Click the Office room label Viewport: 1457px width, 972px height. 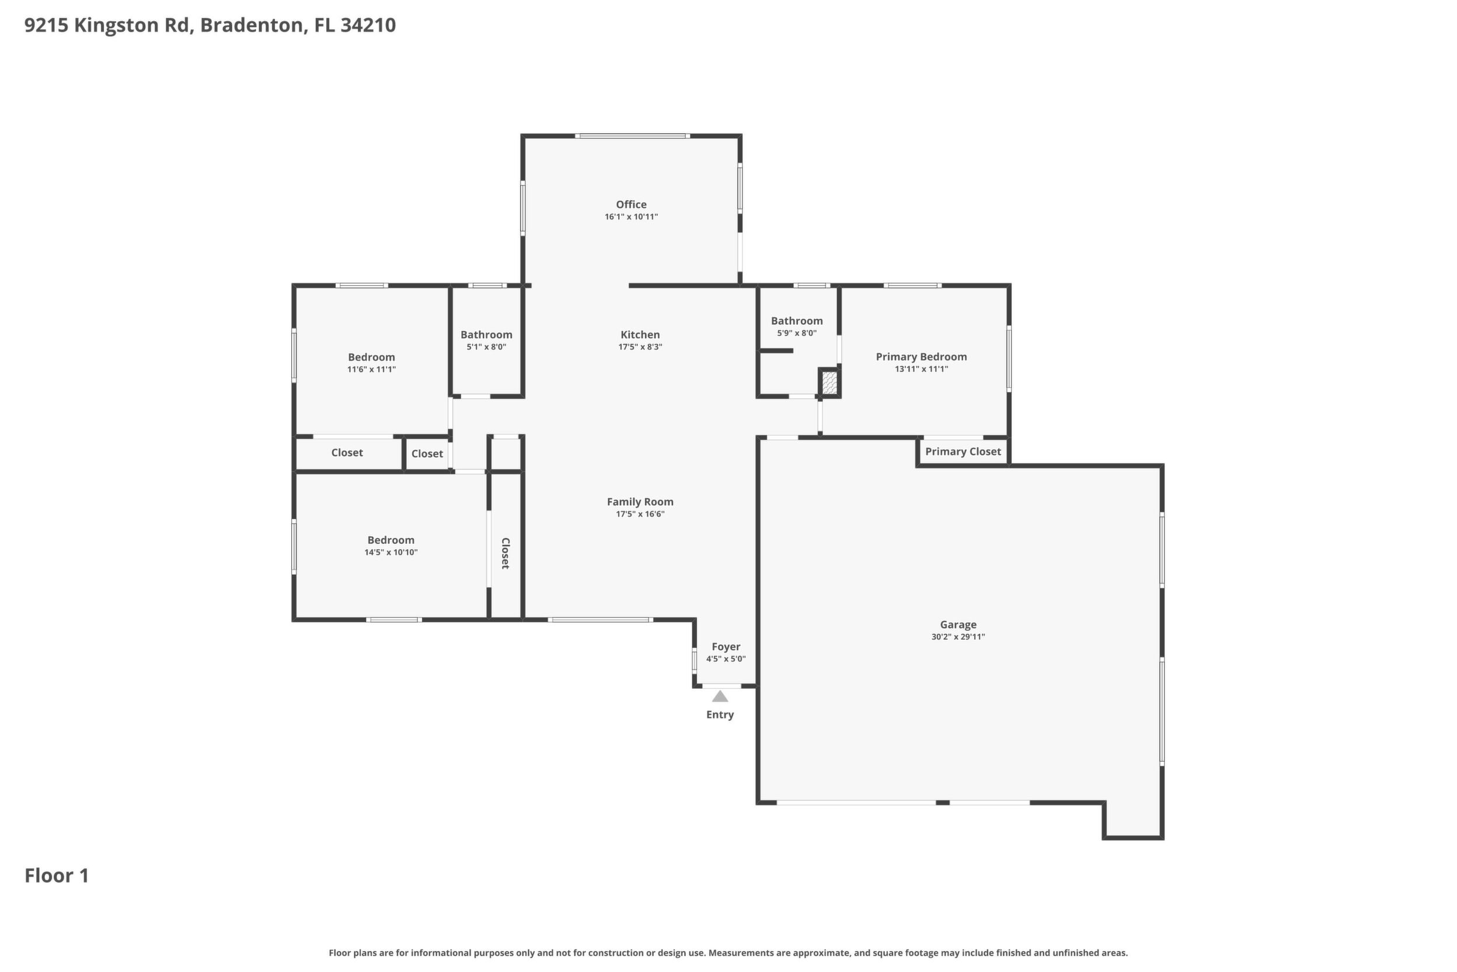[x=630, y=204]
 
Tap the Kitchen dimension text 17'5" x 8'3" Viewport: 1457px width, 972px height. [x=640, y=347]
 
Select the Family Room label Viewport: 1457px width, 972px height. [x=640, y=502]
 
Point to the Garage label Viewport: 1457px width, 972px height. [x=958, y=625]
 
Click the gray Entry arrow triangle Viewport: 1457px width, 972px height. [x=720, y=696]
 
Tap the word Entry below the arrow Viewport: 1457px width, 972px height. [x=720, y=715]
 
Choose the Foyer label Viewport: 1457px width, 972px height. [x=726, y=647]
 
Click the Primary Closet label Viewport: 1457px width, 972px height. [x=963, y=452]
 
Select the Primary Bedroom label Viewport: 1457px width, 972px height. [x=921, y=357]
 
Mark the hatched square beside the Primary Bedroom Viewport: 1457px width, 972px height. [x=829, y=383]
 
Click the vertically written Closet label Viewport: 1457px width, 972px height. [x=505, y=554]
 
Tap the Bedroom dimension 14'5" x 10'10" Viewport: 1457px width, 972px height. [x=391, y=553]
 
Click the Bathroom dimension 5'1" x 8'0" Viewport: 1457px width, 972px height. [x=486, y=347]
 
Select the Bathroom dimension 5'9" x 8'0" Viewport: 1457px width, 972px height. [x=797, y=334]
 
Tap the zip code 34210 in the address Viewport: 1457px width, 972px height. [x=368, y=26]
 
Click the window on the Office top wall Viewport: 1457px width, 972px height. [x=632, y=136]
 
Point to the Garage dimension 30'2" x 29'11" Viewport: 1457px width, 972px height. [x=958, y=637]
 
